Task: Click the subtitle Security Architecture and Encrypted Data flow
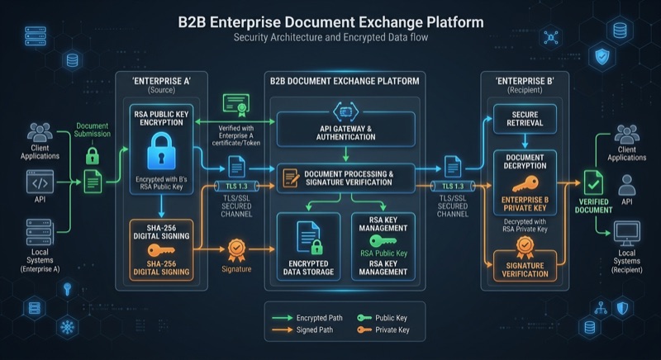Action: coord(330,38)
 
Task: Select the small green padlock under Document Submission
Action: coord(93,155)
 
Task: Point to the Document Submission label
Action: coord(93,130)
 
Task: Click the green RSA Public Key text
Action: coord(383,253)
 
